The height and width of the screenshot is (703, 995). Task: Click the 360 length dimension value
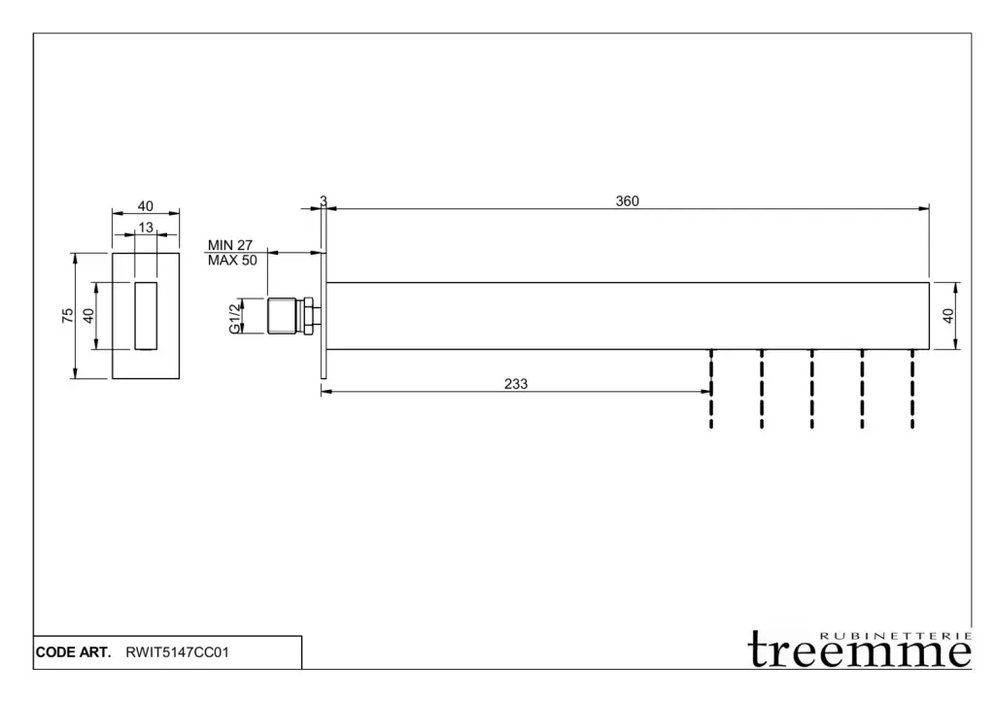pos(628,201)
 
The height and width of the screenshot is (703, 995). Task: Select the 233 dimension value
pos(516,384)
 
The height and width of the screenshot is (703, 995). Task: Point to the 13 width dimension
pos(146,228)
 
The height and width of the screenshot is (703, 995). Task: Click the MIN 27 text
pos(230,246)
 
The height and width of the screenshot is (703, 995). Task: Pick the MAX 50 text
pos(232,261)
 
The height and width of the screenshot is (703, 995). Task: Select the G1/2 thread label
pos(235,317)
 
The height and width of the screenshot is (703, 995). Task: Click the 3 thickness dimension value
pos(324,201)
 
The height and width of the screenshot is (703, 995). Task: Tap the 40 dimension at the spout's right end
pos(948,315)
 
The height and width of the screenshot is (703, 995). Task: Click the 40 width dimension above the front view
pos(146,206)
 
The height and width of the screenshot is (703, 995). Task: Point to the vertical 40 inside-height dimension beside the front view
pos(88,315)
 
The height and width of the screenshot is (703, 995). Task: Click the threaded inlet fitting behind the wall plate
pos(290,315)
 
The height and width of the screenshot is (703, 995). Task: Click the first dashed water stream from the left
pos(712,388)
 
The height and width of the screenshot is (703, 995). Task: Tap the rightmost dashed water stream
pos(912,388)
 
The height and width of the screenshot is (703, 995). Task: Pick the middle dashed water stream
pos(812,388)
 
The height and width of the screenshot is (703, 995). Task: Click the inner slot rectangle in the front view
pos(146,315)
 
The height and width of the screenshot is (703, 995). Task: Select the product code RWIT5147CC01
pos(178,652)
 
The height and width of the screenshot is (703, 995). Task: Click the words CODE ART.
pos(74,652)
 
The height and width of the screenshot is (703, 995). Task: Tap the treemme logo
pos(860,649)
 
